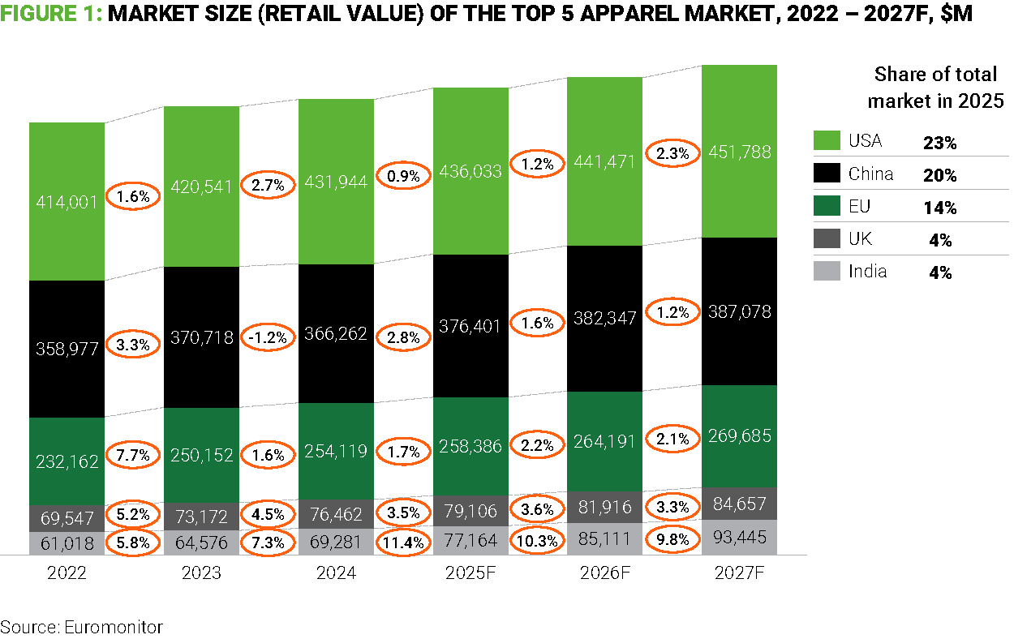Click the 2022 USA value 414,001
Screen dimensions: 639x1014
67,202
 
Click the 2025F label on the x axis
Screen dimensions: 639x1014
471,573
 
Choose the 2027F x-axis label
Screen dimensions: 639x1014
739,573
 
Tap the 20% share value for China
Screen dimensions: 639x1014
939,175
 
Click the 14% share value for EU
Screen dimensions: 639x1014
939,208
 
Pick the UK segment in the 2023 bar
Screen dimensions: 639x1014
201,516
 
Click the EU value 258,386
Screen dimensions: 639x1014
470,445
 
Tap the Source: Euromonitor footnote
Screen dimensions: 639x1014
81,626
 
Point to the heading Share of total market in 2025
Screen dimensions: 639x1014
935,88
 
